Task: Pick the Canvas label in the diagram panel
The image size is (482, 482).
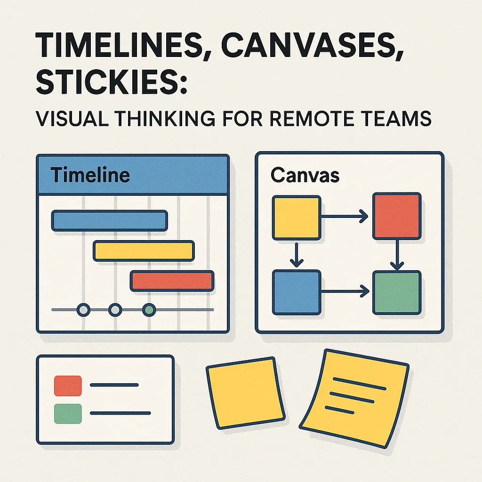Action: tap(305, 175)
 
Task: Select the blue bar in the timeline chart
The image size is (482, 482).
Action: tap(109, 220)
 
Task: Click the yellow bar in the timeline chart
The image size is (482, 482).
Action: tap(144, 250)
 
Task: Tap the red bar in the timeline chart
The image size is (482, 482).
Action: tap(172, 281)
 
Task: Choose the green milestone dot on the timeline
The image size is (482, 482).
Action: tap(149, 310)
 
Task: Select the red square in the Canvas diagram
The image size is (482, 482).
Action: tap(396, 216)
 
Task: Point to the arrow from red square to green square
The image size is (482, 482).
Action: tap(397, 254)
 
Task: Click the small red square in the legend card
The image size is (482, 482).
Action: tap(68, 385)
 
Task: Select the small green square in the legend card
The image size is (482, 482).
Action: tap(68, 413)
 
